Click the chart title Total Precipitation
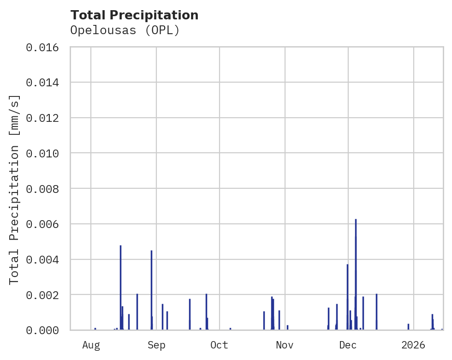[134, 15]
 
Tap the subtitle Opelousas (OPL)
[125, 30]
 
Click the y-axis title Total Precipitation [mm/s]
[15, 189]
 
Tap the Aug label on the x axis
[91, 345]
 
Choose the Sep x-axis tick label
[156, 345]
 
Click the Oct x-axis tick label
[219, 345]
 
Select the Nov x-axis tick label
[285, 345]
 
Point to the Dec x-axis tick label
[348, 345]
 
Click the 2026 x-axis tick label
[413, 345]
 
